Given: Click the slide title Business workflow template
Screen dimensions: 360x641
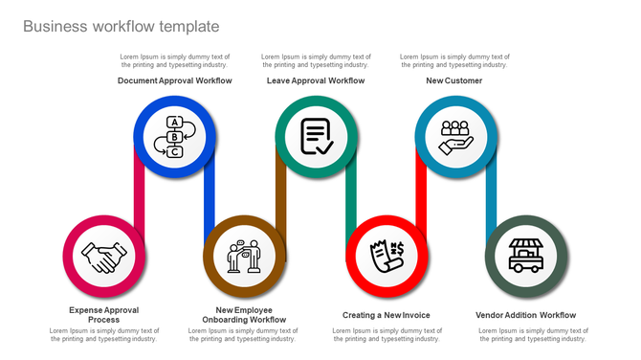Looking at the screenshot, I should pyautogui.click(x=121, y=27).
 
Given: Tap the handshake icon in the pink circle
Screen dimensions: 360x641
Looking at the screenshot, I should pyautogui.click(x=103, y=257).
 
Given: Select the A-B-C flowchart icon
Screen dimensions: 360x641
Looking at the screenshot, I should pyautogui.click(x=174, y=136).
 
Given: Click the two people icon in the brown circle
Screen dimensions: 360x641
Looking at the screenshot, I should pyautogui.click(x=244, y=257).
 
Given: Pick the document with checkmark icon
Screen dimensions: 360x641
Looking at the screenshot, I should pyautogui.click(x=317, y=136).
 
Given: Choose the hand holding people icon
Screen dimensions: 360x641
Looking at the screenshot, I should pyautogui.click(x=455, y=136).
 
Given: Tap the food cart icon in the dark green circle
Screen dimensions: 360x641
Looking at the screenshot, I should pyautogui.click(x=526, y=256).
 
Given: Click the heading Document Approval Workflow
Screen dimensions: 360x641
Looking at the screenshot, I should pyautogui.click(x=174, y=81).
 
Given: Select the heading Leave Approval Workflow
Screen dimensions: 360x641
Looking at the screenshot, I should pyautogui.click(x=316, y=81).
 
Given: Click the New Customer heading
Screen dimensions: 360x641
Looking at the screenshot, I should pyautogui.click(x=454, y=81).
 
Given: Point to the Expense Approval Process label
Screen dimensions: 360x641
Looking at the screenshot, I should pyautogui.click(x=103, y=314).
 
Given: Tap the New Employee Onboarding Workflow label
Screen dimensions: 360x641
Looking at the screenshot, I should pyautogui.click(x=244, y=314).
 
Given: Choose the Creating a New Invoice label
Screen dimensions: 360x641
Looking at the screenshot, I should pyautogui.click(x=387, y=315).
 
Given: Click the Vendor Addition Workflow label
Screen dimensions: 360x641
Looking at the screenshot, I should pyautogui.click(x=526, y=315).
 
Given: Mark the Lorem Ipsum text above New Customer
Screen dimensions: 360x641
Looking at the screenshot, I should pyautogui.click(x=454, y=60).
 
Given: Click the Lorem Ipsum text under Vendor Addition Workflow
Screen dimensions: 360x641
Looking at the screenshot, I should pyautogui.click(x=533, y=334).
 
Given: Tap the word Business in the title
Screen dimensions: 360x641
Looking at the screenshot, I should pyautogui.click(x=54, y=27).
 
